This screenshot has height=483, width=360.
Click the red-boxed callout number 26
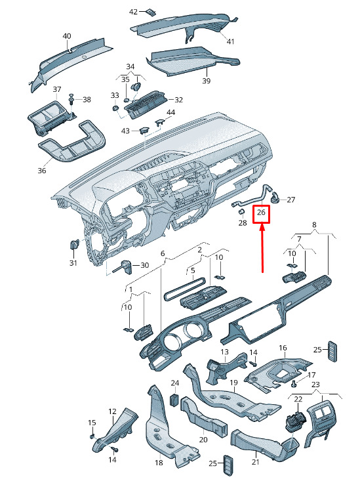pos(261,212)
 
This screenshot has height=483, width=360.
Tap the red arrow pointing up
pos(262,249)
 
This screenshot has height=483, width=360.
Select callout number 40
pos(67,36)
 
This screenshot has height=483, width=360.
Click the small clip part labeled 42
pos(151,12)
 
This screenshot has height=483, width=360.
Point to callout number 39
pos(206,81)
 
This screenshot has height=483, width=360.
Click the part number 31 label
pos(73,262)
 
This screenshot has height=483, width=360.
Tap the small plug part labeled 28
pos(241,212)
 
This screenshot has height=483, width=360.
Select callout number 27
pos(290,199)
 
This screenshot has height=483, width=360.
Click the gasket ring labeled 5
pos(184,289)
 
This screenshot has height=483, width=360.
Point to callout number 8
pos(314,224)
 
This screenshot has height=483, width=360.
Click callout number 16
pos(283,348)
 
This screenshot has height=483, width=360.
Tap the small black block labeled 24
pos(175,400)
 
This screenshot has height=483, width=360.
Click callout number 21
pos(255,462)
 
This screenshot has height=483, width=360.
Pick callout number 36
pos(42,171)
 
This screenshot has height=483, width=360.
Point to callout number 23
pos(315,385)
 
